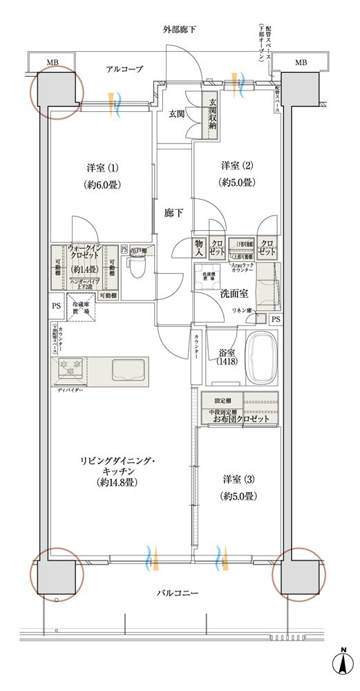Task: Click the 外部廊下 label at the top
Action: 179,30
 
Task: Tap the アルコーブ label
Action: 124,69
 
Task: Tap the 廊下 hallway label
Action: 174,213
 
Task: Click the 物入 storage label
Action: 199,247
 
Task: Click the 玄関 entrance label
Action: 175,114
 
